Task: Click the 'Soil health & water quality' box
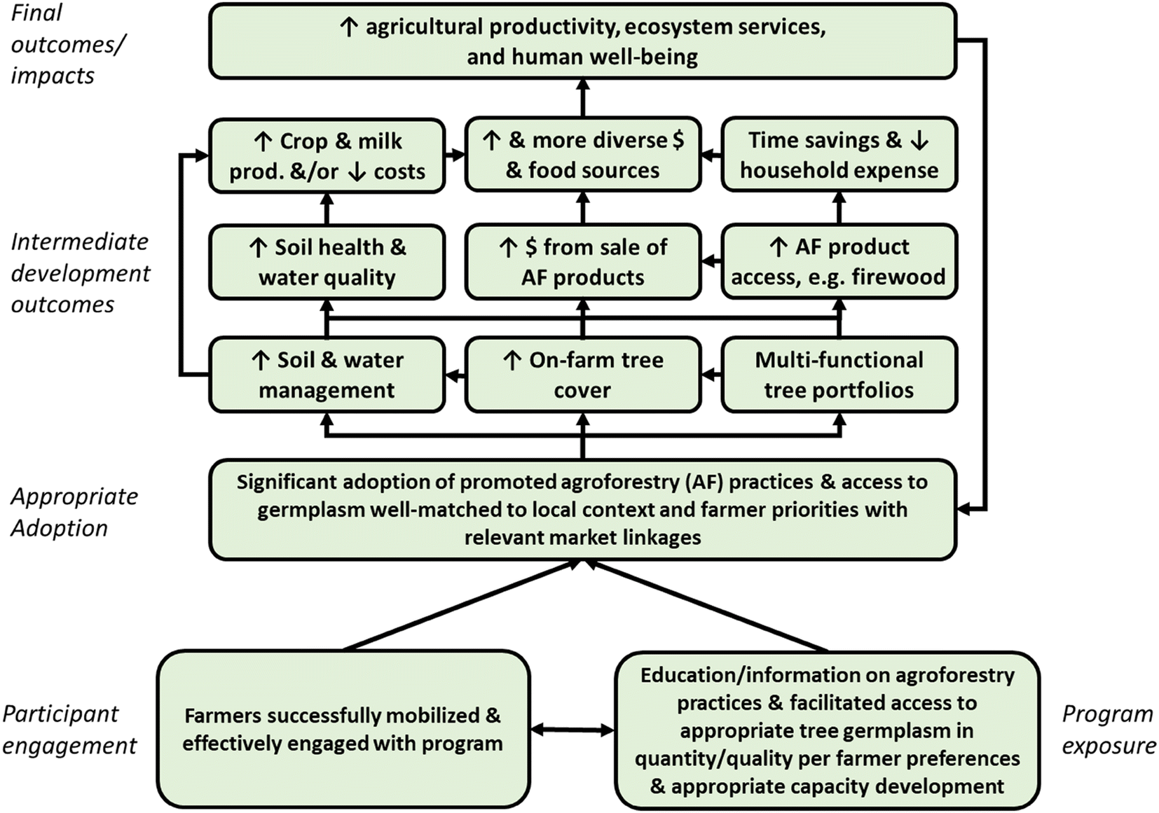[327, 262]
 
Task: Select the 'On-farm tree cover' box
[582, 375]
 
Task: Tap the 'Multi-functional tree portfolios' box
[839, 375]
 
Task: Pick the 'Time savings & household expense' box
[839, 155]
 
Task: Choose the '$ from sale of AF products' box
[582, 262]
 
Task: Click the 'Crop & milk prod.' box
[327, 156]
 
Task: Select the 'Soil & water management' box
[327, 375]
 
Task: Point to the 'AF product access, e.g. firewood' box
[839, 262]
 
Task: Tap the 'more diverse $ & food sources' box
[582, 155]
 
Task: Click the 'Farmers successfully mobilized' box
[343, 729]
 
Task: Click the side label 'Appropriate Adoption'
[74, 512]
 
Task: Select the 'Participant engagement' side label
[69, 730]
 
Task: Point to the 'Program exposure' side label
[1108, 730]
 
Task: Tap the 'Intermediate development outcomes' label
[80, 273]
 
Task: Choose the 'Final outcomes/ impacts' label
[67, 43]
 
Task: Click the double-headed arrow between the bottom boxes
[572, 730]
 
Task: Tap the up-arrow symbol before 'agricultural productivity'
[348, 27]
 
